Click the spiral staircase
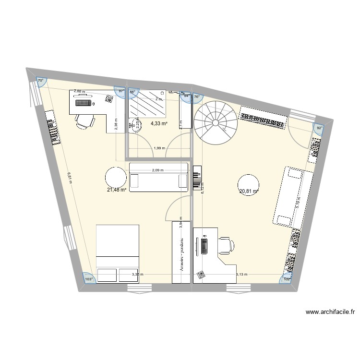(216, 122)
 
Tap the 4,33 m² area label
(158, 123)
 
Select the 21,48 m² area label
(117, 190)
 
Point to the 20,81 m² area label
(249, 191)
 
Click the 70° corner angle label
(41, 81)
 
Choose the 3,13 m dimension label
(241, 275)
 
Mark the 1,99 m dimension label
(160, 148)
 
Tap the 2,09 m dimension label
(158, 170)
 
